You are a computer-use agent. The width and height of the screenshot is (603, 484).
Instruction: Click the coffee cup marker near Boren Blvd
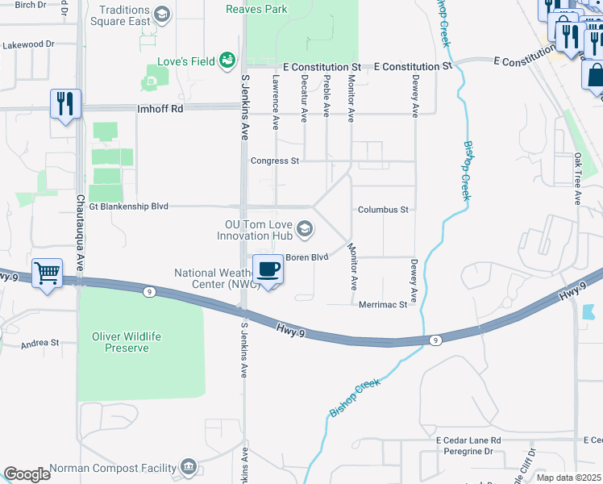[268, 269]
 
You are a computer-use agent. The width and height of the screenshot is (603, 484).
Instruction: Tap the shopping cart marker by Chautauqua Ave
[48, 274]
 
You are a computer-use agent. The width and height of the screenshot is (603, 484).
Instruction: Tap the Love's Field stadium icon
[227, 60]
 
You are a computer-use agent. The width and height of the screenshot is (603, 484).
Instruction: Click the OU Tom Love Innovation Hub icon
[304, 231]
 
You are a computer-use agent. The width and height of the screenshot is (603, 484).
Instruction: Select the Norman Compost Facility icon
[188, 465]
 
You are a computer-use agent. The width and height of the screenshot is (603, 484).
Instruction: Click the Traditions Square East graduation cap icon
[162, 14]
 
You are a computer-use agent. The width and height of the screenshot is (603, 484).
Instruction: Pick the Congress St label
[275, 161]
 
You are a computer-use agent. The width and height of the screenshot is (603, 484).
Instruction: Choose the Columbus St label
[383, 209]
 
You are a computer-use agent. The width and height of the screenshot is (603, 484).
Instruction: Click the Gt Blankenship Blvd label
[129, 207]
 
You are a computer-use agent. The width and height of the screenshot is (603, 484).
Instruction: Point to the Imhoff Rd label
[160, 107]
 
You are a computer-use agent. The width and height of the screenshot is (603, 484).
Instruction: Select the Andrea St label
[40, 342]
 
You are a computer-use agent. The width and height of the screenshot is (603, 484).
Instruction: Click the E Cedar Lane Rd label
[468, 440]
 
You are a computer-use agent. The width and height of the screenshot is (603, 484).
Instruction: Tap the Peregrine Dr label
[467, 452]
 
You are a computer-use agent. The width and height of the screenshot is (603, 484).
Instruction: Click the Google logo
[27, 474]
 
